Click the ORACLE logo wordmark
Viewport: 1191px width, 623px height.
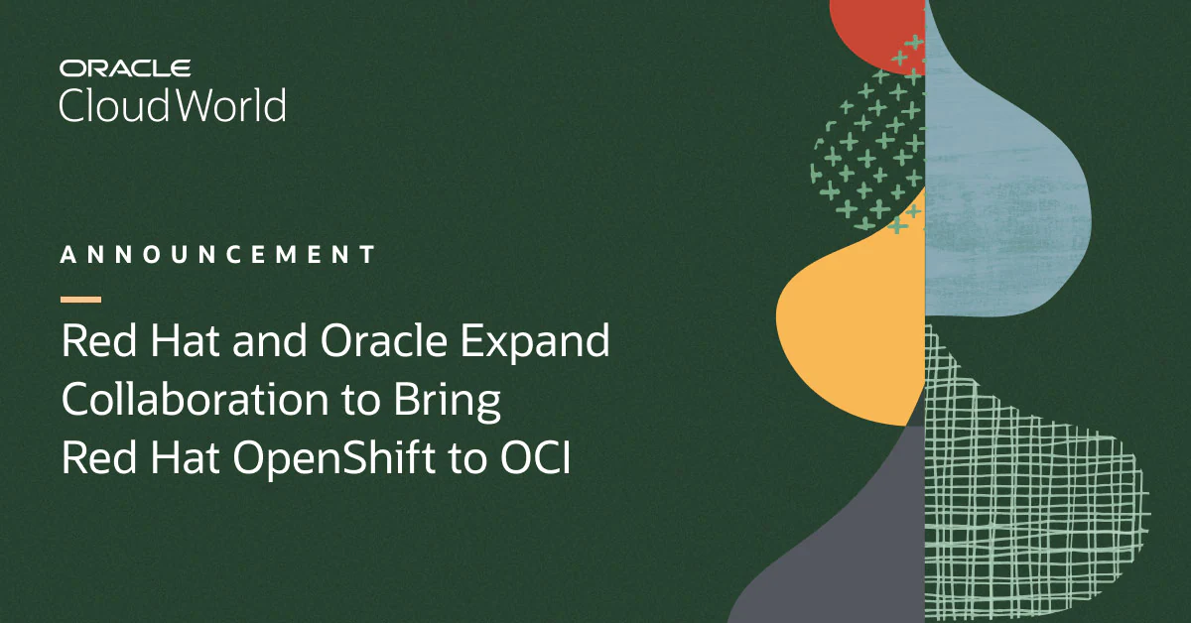(x=124, y=68)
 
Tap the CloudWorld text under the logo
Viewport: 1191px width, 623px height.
(x=172, y=105)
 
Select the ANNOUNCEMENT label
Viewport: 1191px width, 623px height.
(x=218, y=255)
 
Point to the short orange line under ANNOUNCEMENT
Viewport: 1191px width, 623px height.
(x=80, y=299)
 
